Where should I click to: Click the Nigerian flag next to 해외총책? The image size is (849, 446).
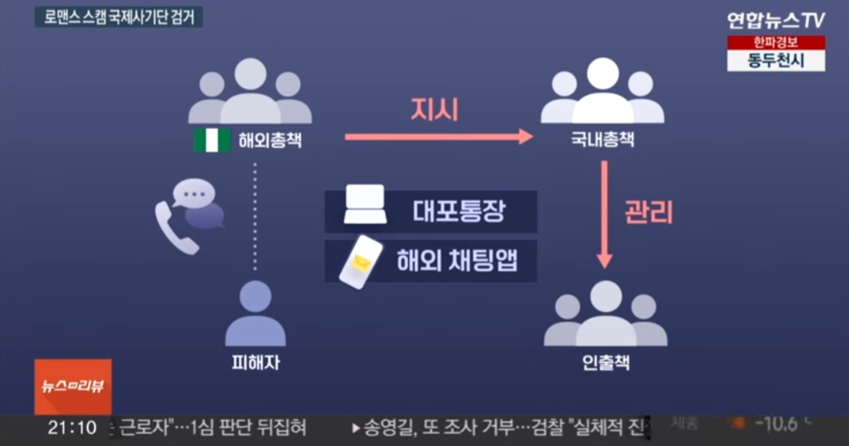point(212,140)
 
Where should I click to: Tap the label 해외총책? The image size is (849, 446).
point(270,140)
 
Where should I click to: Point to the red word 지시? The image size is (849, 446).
point(434,110)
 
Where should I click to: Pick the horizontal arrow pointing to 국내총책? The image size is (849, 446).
point(438,137)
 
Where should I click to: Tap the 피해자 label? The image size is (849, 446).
point(255,363)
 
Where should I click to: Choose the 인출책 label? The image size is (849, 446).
point(606,363)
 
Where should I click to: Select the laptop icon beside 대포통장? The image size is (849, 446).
point(365,205)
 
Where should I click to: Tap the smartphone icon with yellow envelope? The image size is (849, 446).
point(359,260)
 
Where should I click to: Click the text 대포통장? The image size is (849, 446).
point(459,211)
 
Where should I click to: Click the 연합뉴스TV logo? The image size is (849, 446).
point(775,19)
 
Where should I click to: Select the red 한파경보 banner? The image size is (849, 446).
point(775,43)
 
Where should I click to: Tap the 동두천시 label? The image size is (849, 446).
point(775,61)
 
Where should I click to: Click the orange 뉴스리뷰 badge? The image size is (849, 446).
point(73,387)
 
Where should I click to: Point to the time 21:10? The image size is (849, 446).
point(72,428)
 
